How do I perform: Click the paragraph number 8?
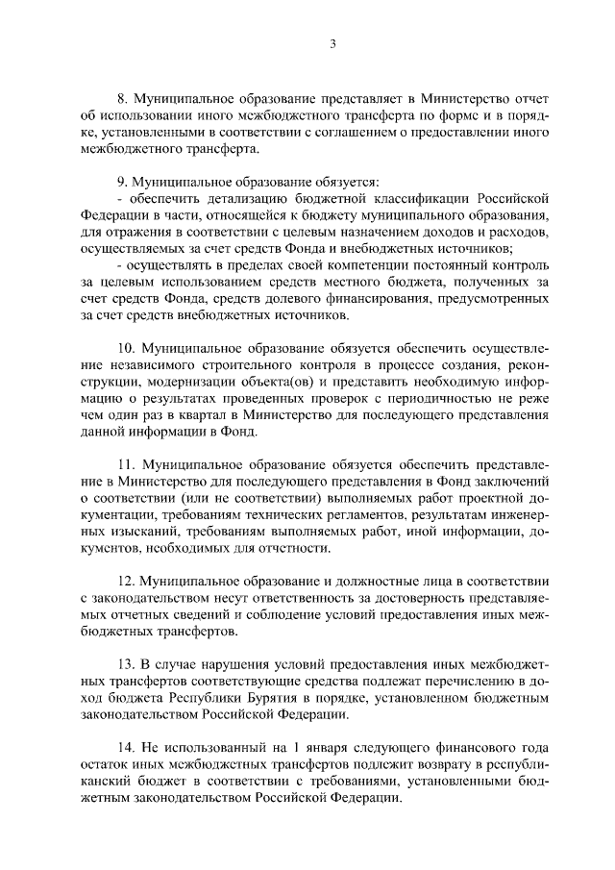(121, 99)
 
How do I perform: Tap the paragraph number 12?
(124, 583)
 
